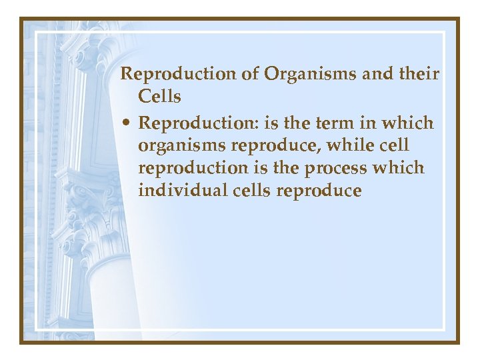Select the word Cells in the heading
click(x=159, y=97)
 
